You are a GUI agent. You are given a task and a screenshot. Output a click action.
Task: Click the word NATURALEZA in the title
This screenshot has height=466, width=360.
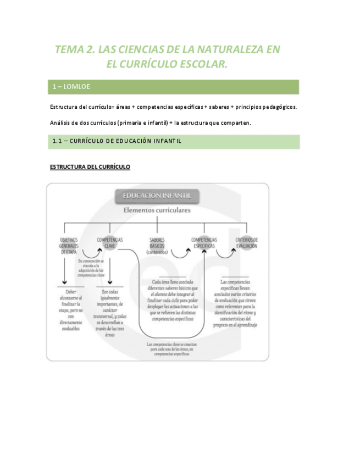[220, 49]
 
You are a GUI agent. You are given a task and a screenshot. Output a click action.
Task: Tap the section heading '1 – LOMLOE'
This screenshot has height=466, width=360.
[71, 87]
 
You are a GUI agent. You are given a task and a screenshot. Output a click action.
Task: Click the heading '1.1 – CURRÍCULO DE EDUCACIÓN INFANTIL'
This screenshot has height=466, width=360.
[117, 141]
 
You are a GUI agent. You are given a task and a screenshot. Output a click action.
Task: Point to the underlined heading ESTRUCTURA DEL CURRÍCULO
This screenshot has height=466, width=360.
[90, 167]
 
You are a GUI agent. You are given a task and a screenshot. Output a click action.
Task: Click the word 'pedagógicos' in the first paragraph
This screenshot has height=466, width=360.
[278, 107]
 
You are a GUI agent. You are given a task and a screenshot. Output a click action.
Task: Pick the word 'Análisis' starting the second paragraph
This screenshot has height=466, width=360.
[60, 123]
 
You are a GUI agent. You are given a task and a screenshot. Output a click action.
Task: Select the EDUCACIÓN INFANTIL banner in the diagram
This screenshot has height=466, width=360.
[157, 196]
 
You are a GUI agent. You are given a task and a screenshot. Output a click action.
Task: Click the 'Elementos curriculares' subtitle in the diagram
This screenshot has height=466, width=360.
[157, 210]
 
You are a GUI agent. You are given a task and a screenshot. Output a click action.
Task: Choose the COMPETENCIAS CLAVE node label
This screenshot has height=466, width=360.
[110, 243]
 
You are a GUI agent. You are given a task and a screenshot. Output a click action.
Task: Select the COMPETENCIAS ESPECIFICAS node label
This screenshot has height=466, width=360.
[204, 243]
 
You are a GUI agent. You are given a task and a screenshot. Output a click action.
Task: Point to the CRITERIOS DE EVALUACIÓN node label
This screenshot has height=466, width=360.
[247, 243]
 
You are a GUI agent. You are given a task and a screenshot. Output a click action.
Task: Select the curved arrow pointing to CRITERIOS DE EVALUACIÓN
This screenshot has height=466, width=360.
[226, 253]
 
